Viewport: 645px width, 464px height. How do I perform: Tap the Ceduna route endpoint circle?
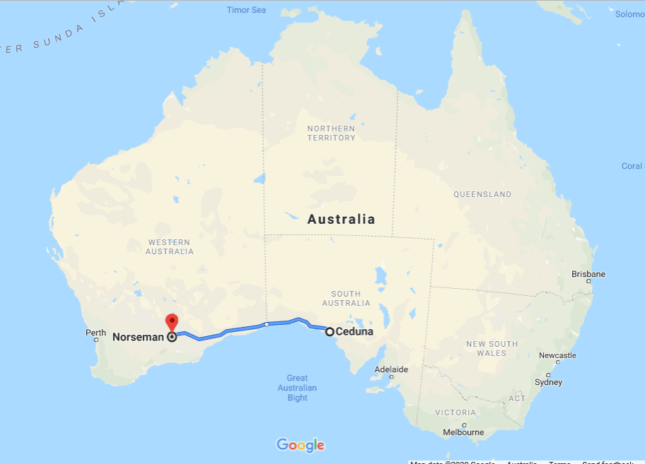330,331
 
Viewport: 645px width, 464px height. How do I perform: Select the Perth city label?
95,333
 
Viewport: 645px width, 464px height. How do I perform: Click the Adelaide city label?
391,369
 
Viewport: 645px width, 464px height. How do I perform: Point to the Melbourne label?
463,432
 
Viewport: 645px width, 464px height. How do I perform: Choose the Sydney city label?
548,382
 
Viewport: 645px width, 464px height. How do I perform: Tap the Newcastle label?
557,356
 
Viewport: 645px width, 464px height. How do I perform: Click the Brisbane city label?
588,274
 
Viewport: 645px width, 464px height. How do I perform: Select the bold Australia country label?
341,219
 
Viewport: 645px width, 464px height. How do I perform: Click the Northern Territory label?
331,133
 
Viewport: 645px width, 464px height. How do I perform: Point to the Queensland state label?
482,194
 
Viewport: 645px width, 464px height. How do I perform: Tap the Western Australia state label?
169,246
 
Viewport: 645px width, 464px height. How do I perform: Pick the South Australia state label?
346,298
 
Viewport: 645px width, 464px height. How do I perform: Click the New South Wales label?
492,348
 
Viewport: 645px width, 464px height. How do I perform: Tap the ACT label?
517,398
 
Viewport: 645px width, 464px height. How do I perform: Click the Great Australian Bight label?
298,388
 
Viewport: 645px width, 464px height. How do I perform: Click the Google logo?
301,445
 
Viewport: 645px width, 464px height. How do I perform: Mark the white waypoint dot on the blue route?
266,324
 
